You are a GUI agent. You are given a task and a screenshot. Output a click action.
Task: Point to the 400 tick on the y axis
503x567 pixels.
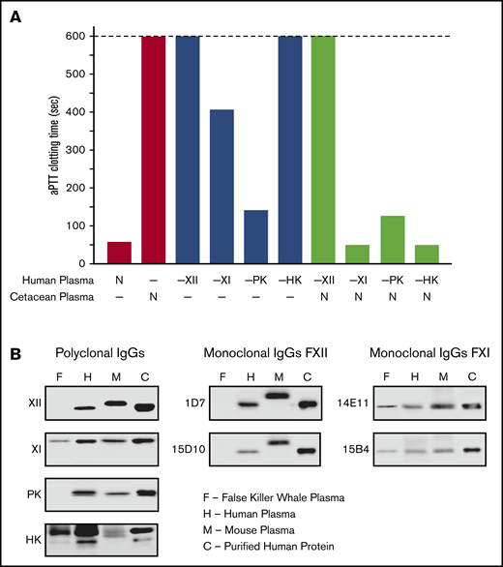tap(80, 111)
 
